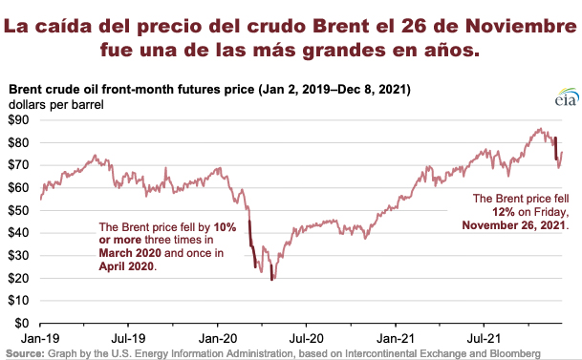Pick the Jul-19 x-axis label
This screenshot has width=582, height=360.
point(128,338)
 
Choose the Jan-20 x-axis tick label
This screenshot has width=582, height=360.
point(217,338)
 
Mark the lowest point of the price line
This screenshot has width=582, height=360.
point(272,280)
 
